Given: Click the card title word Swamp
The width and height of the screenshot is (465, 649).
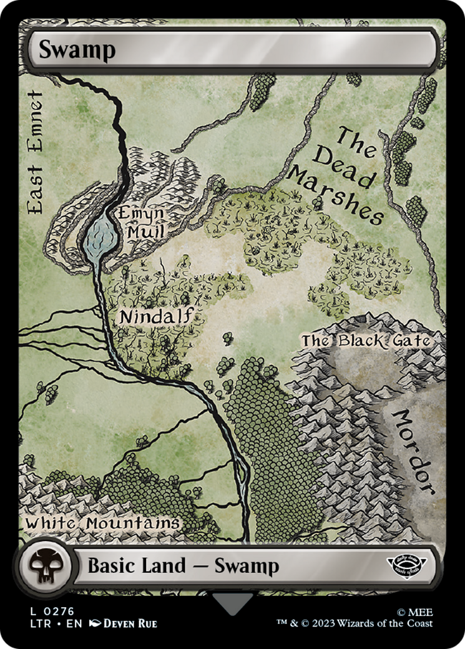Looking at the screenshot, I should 77,51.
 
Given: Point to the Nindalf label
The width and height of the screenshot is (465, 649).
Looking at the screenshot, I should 161,316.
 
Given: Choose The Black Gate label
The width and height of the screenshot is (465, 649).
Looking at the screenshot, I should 366,341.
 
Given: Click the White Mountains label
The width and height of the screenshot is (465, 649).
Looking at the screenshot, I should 102,523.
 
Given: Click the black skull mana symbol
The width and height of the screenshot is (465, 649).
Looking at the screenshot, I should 43,567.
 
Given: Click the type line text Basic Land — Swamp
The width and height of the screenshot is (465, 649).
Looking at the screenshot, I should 183,566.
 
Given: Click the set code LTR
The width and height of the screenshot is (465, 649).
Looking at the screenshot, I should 36,623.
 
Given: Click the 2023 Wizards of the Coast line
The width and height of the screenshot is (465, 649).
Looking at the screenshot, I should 355,623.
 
